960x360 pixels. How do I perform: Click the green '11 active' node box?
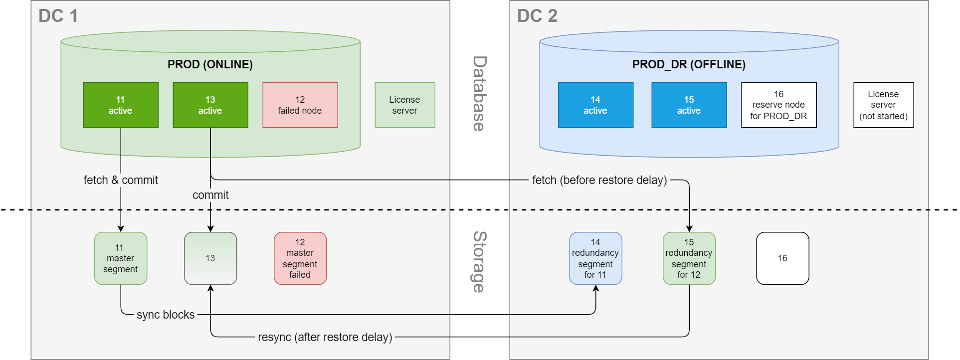121,105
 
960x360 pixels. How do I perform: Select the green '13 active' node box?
210,105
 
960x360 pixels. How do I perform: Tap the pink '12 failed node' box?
300,105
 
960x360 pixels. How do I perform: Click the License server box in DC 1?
404,105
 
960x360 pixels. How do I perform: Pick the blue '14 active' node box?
595,105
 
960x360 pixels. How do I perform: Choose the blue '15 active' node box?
689,105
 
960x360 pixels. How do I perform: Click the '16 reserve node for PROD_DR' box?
778,105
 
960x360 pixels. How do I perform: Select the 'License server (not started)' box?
883,105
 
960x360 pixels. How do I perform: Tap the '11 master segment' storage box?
121,258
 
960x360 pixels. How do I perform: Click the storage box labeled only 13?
210,258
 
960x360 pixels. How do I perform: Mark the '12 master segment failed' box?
300,258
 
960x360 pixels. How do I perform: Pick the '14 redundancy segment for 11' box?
595,258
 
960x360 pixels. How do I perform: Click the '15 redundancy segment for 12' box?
689,258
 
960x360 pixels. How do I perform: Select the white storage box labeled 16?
782,258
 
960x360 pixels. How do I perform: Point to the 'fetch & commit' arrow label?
121,180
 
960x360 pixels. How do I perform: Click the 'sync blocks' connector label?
166,315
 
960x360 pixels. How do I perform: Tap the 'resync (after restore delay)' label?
325,337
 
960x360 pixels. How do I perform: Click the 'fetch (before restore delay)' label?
599,180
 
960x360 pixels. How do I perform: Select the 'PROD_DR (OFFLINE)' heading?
689,64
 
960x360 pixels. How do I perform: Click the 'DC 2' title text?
537,16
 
